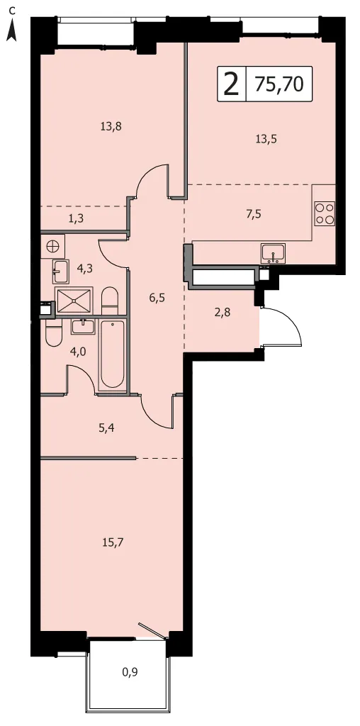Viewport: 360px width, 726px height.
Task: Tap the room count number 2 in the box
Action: (x=231, y=85)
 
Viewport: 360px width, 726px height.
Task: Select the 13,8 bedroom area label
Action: (x=111, y=125)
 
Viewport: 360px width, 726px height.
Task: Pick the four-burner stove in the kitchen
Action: (x=325, y=213)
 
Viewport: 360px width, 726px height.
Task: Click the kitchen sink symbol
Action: (x=274, y=253)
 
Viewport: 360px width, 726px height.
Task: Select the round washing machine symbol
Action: (x=52, y=245)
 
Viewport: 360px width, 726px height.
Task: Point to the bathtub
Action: (x=113, y=354)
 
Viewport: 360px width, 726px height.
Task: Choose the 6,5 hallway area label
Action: (x=157, y=297)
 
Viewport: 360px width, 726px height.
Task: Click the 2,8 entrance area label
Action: (x=223, y=312)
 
